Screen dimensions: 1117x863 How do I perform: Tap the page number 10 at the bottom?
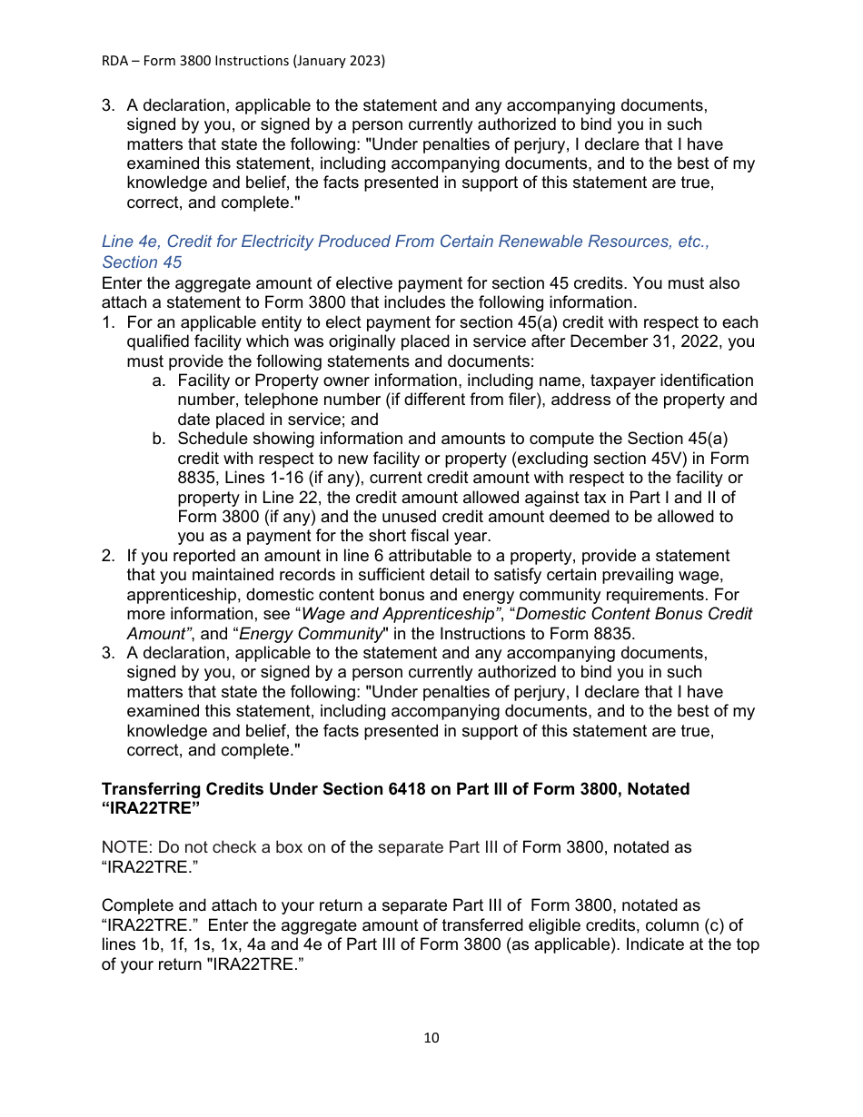(x=431, y=1038)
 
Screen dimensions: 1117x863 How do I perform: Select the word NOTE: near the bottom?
(x=127, y=847)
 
